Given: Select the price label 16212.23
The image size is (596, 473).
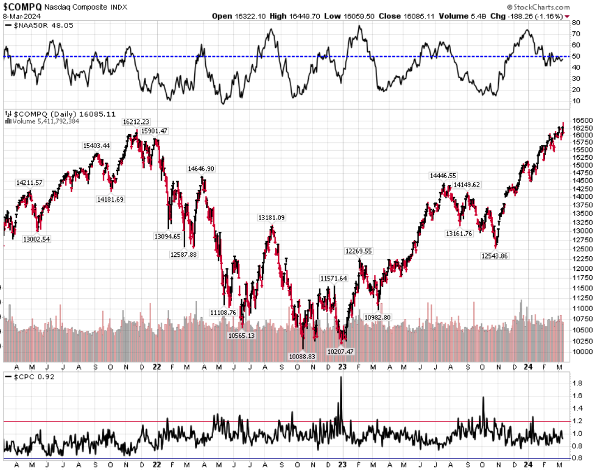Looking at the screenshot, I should coord(136,121).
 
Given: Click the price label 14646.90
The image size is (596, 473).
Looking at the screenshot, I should coord(201,168).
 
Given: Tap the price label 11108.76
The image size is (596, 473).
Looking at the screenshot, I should coord(223,312).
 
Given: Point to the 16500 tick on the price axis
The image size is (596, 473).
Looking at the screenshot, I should coord(582,120).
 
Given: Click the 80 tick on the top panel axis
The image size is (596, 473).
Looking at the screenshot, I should coord(575,23).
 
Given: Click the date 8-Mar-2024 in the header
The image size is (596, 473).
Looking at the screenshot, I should coord(20,16).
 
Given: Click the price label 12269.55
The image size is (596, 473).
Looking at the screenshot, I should coord(359,251).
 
